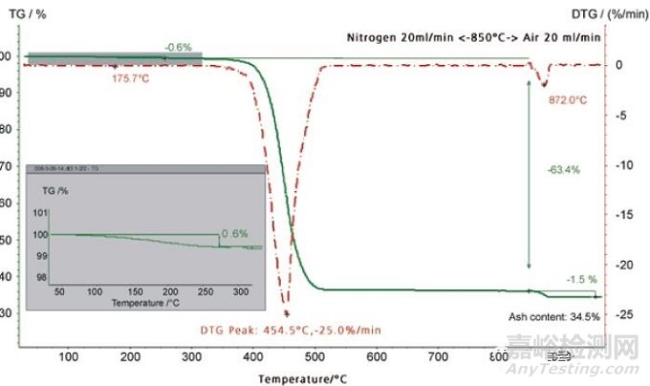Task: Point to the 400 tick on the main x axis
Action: click(x=252, y=355)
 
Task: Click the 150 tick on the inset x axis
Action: click(x=135, y=289)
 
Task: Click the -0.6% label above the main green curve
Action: click(x=178, y=47)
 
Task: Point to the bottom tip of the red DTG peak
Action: click(x=286, y=311)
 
